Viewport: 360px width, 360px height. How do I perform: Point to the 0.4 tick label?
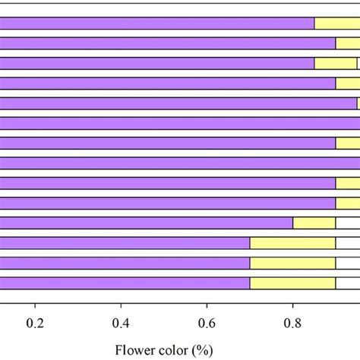(x=121, y=322)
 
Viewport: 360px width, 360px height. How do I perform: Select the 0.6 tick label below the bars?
(x=207, y=322)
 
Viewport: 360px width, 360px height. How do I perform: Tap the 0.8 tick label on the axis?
(x=292, y=322)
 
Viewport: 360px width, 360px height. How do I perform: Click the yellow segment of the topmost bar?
(x=336, y=24)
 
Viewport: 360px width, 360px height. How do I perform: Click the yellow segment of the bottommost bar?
(x=292, y=283)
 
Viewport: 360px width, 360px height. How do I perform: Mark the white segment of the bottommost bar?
(x=348, y=283)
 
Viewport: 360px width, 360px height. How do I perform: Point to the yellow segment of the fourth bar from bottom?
(x=314, y=223)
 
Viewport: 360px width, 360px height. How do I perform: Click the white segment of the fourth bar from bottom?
(x=348, y=223)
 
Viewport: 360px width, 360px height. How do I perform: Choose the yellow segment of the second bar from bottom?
(x=292, y=263)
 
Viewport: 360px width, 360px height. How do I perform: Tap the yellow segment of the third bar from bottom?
(x=292, y=243)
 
